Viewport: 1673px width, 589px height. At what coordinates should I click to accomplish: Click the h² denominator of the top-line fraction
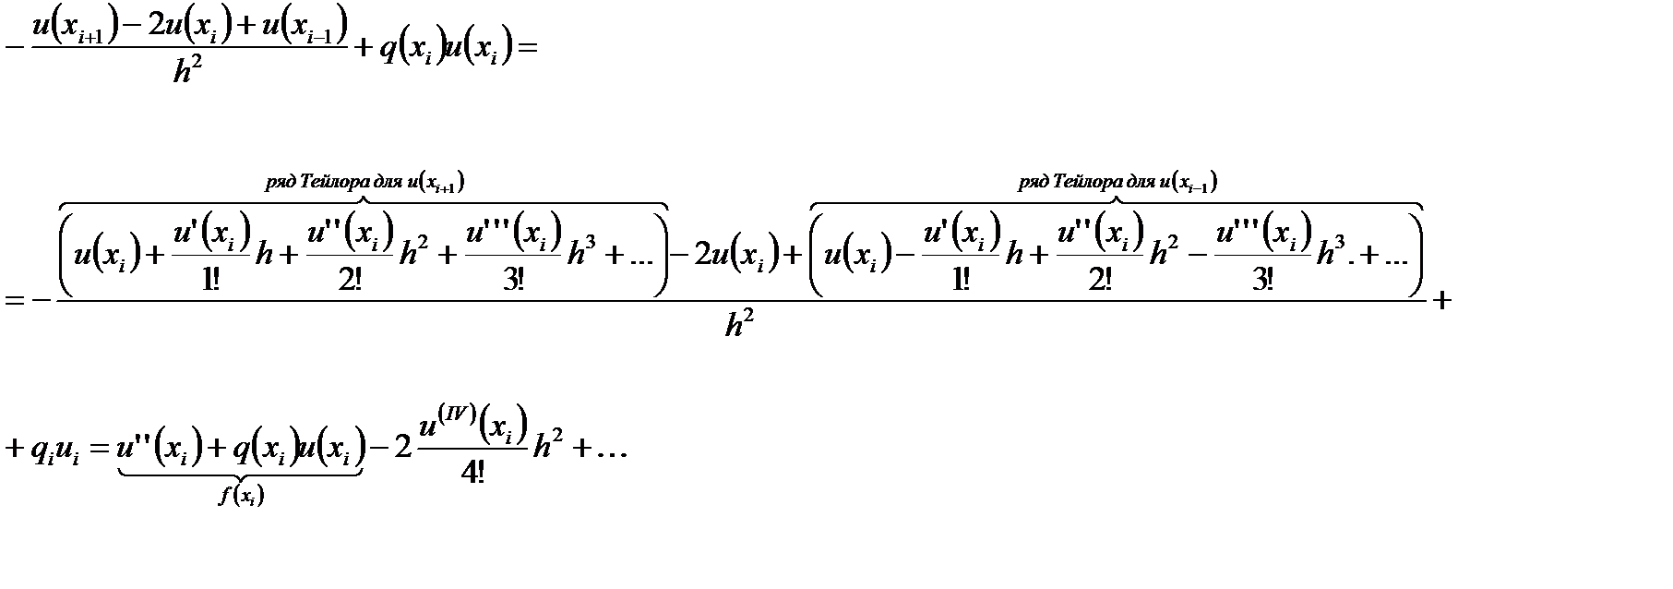tap(187, 70)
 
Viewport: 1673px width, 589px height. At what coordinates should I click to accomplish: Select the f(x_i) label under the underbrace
tap(241, 497)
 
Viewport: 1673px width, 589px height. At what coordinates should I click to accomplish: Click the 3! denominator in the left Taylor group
tap(514, 280)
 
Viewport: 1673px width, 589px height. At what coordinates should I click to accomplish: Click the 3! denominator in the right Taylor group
tap(1264, 280)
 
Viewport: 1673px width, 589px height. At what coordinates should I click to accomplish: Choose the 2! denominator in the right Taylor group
tap(1100, 280)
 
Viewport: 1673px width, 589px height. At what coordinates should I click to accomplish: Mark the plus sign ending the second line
tap(1441, 299)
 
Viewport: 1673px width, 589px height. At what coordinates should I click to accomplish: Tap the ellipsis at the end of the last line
tap(605, 450)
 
